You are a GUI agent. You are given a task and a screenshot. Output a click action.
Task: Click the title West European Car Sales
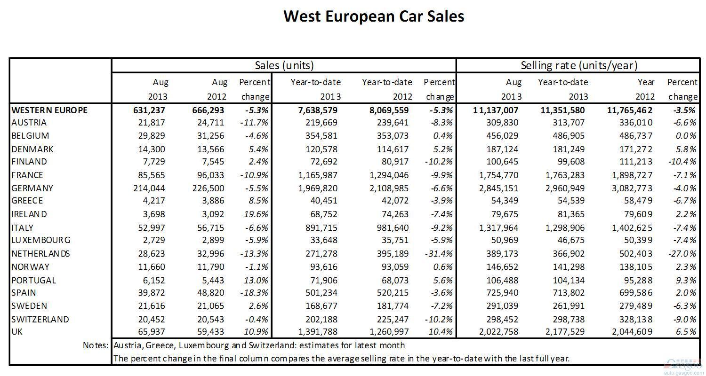374,16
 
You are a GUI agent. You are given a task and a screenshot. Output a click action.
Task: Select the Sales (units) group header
284,65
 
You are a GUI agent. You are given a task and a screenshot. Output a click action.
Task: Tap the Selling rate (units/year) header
579,65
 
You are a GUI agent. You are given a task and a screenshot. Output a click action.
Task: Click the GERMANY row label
32,188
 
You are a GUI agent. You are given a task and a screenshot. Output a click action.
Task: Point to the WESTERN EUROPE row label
49,110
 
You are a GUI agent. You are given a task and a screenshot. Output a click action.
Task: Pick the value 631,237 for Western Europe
149,110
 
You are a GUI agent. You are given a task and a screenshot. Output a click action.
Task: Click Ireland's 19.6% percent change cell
256,214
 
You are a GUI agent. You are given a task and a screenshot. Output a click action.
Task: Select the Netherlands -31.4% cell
439,254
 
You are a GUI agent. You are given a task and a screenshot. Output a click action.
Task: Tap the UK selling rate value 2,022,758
498,332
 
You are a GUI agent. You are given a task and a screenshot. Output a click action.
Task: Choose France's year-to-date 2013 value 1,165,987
318,175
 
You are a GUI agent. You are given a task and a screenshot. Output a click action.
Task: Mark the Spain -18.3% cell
254,293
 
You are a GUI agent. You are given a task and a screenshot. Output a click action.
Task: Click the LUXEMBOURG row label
41,240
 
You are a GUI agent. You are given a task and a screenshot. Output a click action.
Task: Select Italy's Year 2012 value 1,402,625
632,228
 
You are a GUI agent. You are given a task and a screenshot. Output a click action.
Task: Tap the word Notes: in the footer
96,345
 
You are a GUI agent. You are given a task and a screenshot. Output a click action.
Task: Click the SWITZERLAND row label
40,319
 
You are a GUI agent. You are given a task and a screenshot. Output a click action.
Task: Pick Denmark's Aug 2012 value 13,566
211,149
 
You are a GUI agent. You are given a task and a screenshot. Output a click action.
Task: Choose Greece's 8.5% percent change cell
258,201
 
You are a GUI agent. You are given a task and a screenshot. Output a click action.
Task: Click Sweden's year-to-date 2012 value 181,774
393,306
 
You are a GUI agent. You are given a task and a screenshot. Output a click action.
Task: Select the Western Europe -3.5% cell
684,110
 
